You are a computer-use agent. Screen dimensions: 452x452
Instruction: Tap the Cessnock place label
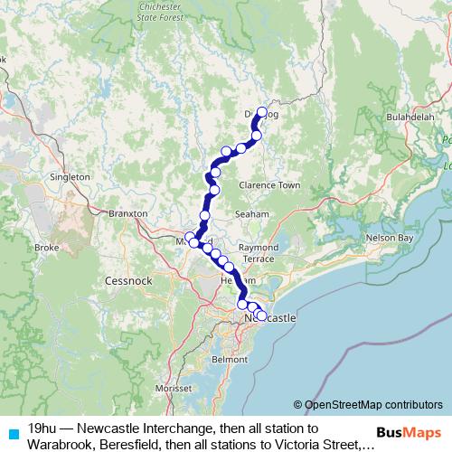coord(128,280)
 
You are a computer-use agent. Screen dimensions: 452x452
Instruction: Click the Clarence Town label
coord(269,185)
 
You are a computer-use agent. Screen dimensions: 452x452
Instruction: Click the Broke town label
coord(46,247)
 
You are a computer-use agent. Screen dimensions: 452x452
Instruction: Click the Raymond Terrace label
coord(259,252)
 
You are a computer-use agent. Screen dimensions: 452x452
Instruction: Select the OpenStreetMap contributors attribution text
coord(368,405)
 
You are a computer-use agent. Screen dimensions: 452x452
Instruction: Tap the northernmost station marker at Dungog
coord(263,112)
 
